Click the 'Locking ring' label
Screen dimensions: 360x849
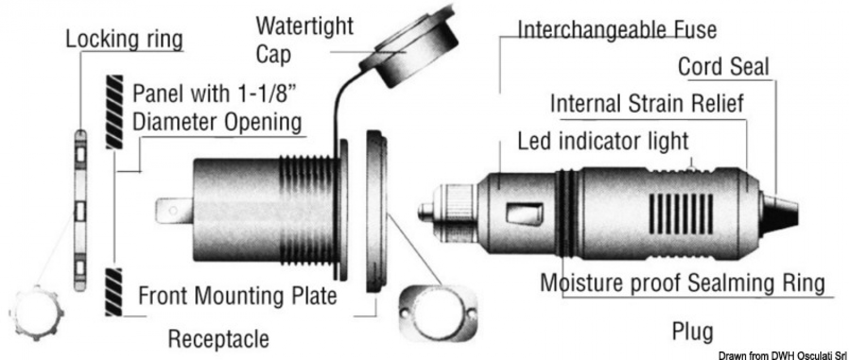125,40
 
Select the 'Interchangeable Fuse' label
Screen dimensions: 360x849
618,29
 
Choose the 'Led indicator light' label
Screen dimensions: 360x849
603,141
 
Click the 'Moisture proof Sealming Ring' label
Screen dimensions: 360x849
682,282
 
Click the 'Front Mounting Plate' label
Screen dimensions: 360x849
238,295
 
